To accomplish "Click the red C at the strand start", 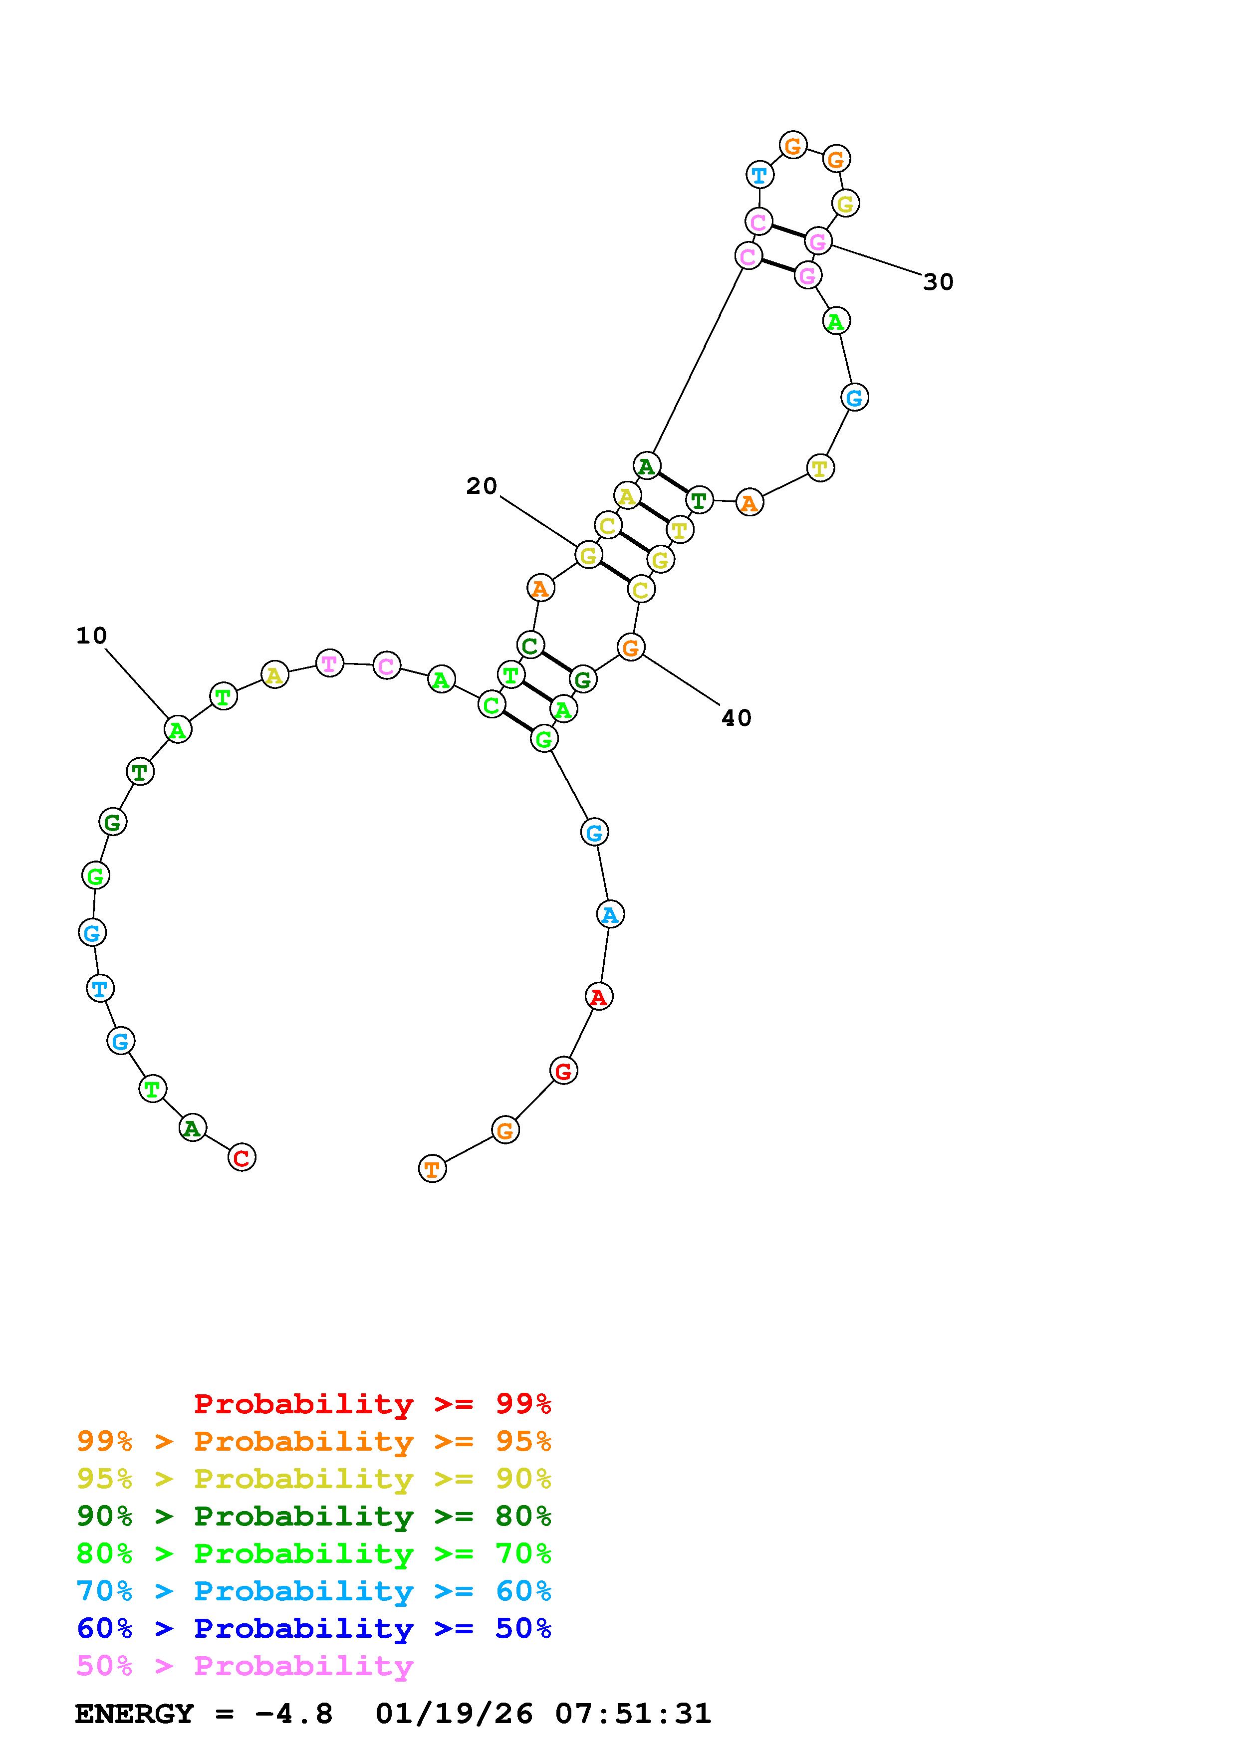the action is coord(242,1158).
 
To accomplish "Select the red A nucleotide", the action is coord(599,996).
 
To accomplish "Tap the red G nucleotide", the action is coord(563,1071).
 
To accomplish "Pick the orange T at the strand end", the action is coord(432,1168).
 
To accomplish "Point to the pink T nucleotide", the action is coord(329,663).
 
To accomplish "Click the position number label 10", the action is coord(91,636).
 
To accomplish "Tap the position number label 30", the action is coord(938,282).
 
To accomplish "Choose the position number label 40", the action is coord(736,718).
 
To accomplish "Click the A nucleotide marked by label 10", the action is coord(178,729).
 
